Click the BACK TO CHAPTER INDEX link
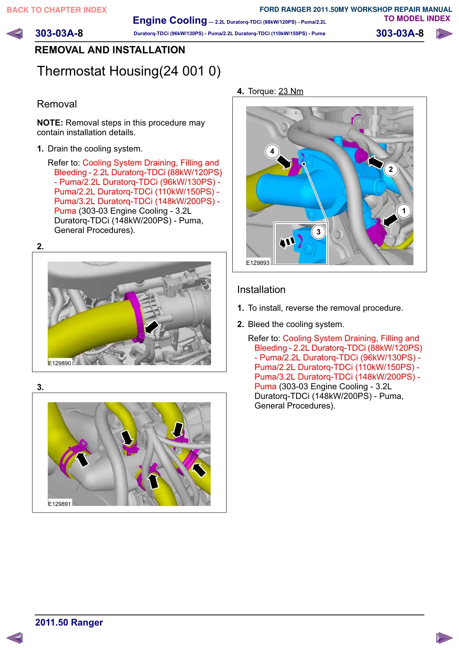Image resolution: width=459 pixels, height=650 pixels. (57, 10)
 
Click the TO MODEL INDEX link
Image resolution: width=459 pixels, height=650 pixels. (417, 19)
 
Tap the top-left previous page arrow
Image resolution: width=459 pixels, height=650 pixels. (14, 34)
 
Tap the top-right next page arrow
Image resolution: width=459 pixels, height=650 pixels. (444, 34)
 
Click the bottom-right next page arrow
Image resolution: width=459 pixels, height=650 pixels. (444, 638)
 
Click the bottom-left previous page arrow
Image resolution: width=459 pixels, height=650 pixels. (14, 638)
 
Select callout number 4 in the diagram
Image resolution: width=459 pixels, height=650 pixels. (272, 151)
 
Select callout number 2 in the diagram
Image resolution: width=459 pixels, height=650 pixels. (391, 169)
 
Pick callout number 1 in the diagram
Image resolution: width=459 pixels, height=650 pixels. (404, 211)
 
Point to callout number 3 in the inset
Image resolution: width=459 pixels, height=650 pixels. (318, 232)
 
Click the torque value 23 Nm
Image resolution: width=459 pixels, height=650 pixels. (291, 91)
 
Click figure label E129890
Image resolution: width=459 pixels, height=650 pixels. (60, 363)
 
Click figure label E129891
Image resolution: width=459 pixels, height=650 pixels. (60, 504)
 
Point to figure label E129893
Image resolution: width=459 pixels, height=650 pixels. (258, 263)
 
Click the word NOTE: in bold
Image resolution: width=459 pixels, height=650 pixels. (50, 123)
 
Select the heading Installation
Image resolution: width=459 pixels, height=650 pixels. (261, 290)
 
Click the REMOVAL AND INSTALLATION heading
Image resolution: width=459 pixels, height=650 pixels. (110, 50)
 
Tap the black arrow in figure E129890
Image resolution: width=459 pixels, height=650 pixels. (151, 327)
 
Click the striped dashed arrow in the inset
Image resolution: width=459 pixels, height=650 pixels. (287, 242)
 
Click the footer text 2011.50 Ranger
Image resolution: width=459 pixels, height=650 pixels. (69, 622)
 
